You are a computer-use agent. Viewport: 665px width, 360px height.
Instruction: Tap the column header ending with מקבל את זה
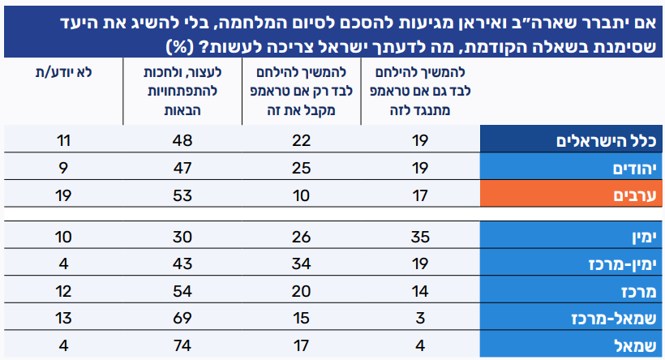pos(302,88)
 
